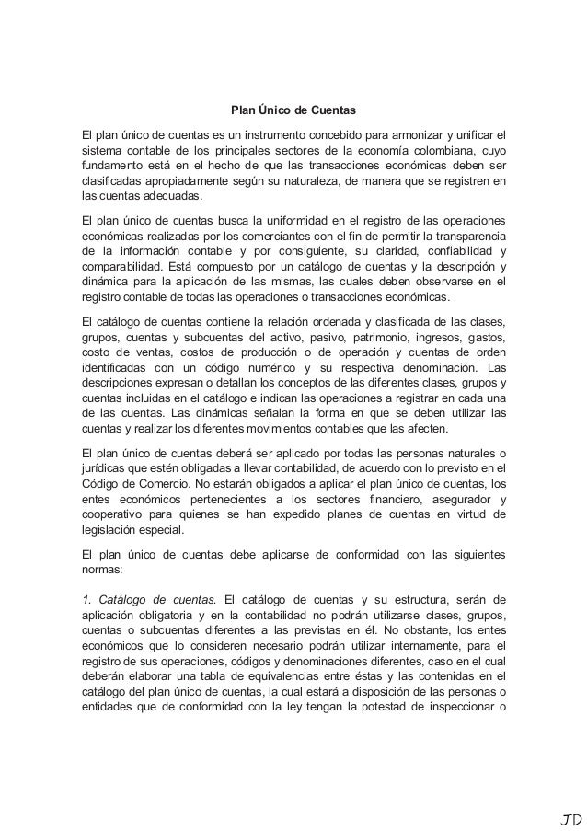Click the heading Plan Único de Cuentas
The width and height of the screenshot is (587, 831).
click(293, 110)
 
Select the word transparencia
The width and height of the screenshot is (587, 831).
click(466, 237)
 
